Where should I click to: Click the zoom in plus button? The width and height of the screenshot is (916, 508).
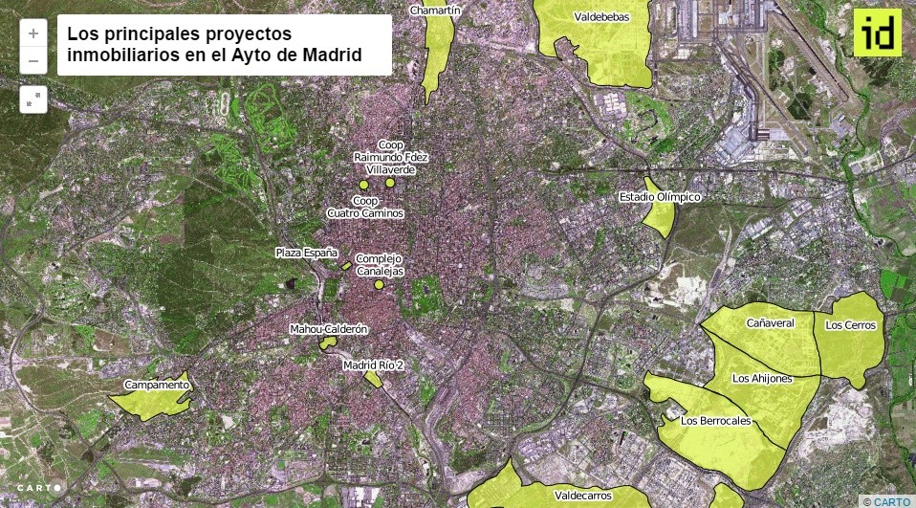pyautogui.click(x=33, y=33)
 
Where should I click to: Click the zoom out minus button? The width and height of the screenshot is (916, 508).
pyautogui.click(x=33, y=60)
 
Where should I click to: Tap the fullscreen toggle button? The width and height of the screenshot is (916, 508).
pyautogui.click(x=33, y=99)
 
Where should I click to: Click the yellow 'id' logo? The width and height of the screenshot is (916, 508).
pyautogui.click(x=877, y=33)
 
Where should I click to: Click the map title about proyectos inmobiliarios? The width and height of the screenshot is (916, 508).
pyautogui.click(x=225, y=45)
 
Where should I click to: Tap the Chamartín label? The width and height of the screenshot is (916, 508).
pyautogui.click(x=435, y=11)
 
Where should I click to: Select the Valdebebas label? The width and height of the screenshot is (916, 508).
pyautogui.click(x=600, y=17)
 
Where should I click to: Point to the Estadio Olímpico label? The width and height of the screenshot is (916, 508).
pyautogui.click(x=660, y=197)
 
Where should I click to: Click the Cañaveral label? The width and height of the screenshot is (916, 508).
pyautogui.click(x=771, y=323)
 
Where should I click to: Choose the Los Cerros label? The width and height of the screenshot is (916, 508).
pyautogui.click(x=850, y=325)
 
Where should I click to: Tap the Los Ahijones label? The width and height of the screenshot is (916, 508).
pyautogui.click(x=762, y=379)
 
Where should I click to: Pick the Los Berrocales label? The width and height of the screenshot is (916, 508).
pyautogui.click(x=715, y=421)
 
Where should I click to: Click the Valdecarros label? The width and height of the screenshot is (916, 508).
pyautogui.click(x=582, y=497)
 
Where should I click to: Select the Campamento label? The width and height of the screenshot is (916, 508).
pyautogui.click(x=157, y=386)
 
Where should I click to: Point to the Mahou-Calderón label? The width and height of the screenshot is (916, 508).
pyautogui.click(x=328, y=330)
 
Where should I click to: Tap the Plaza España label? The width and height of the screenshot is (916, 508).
pyautogui.click(x=306, y=253)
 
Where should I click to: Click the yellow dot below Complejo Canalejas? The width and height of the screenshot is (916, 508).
pyautogui.click(x=379, y=284)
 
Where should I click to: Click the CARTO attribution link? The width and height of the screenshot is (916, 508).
pyautogui.click(x=890, y=501)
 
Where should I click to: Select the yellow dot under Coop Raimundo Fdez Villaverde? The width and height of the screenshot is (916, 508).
pyautogui.click(x=390, y=183)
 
